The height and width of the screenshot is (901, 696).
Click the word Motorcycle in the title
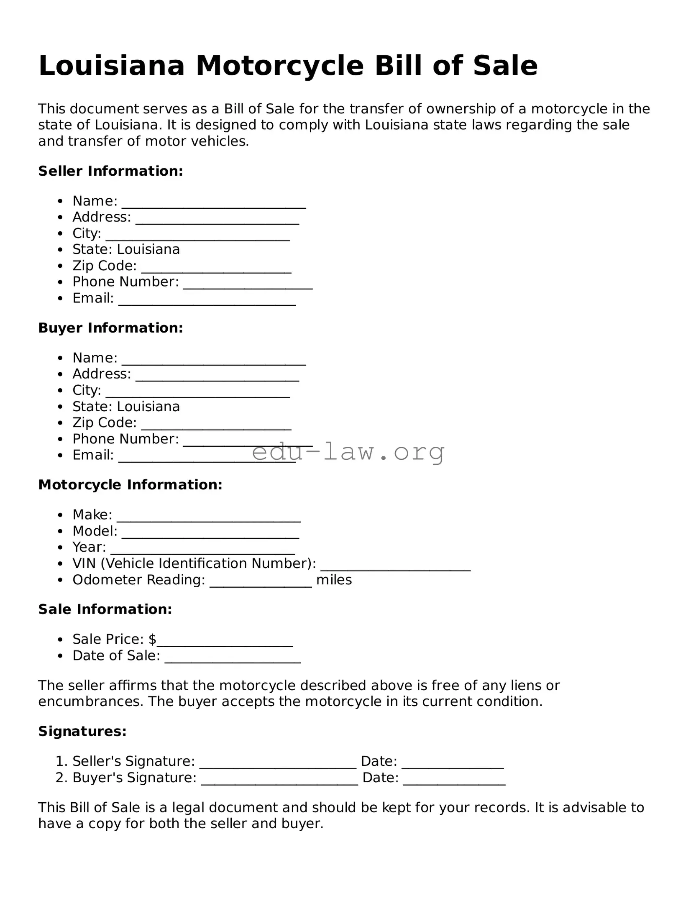coord(279,66)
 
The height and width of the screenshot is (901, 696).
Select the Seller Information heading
coord(110,171)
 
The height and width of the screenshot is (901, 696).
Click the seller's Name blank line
coord(213,203)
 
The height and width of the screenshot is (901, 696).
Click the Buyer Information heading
coord(110,328)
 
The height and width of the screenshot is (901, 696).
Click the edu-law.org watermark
coord(348,452)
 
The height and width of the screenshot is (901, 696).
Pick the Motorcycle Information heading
coord(130,485)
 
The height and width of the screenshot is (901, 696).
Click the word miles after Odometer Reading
coord(334,580)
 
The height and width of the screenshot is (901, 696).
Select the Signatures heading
coord(82,731)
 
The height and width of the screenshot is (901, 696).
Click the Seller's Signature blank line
coord(278,763)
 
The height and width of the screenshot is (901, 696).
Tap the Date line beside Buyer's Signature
coord(454,780)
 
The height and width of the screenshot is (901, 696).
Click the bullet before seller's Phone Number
coord(61,282)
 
